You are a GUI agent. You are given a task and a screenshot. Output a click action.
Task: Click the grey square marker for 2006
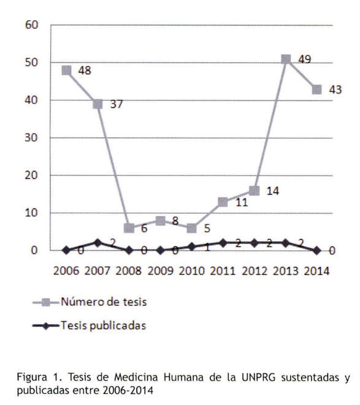tap(67, 70)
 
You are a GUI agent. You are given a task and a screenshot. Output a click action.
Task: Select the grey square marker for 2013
tap(286, 59)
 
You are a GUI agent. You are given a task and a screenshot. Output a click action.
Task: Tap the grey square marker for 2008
tap(129, 228)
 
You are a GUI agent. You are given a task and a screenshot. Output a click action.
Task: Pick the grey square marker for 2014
tap(317, 90)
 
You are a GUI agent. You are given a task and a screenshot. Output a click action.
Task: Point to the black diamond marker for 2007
tap(98, 243)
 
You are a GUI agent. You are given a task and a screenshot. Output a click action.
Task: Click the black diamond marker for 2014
tap(317, 250)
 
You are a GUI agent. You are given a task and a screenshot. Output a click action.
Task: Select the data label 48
tap(85, 71)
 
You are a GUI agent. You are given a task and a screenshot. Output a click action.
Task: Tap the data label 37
tap(117, 104)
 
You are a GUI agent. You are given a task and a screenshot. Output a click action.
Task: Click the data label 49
tap(305, 60)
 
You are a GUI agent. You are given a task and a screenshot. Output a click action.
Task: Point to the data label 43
tap(335, 90)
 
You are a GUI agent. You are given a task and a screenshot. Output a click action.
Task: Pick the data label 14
tap(273, 191)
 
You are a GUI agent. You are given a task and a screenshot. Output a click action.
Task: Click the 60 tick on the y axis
tap(31, 25)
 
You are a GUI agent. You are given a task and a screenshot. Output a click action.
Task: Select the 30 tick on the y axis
tap(31, 137)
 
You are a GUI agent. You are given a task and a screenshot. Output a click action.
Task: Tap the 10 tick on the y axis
tap(31, 213)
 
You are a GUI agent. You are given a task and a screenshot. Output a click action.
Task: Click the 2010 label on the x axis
tap(192, 271)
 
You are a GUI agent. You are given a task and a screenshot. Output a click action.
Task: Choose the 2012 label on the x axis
tap(255, 271)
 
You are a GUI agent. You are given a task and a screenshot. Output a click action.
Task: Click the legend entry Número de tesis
tap(90, 302)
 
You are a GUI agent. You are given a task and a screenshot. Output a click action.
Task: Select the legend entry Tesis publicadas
tap(90, 325)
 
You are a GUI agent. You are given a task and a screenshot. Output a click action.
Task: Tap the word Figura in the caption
tap(32, 377)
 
